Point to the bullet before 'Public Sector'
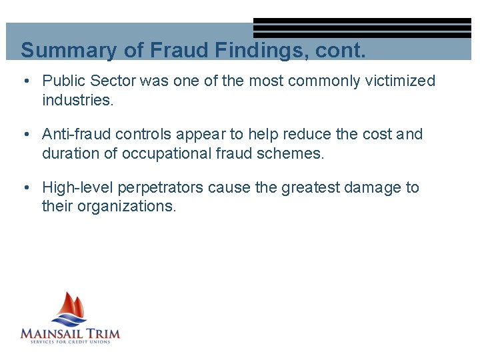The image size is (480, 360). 25,81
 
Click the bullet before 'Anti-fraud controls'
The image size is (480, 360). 25,135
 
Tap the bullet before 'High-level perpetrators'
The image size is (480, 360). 25,188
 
